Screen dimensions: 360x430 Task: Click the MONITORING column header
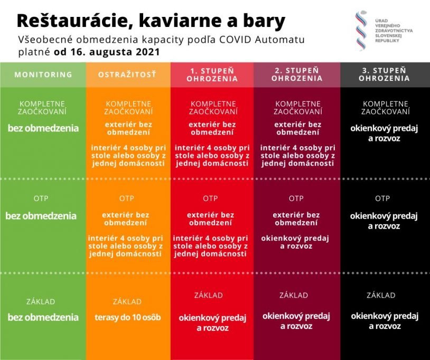[x=43, y=74]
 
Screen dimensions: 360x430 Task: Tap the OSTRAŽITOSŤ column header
[x=127, y=74]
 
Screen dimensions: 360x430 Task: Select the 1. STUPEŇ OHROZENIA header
[x=212, y=74]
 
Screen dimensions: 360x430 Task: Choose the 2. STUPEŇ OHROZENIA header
[x=296, y=74]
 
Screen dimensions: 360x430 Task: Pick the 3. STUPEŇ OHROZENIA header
[x=384, y=74]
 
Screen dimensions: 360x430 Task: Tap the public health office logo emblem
[x=361, y=30]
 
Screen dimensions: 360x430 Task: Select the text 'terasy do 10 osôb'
[x=127, y=318]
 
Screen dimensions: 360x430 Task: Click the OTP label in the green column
[x=41, y=198]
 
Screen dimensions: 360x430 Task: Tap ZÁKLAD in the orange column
[x=127, y=301]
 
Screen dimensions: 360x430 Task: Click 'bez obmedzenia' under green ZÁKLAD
[x=43, y=317]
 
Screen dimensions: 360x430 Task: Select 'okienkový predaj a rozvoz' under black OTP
[x=384, y=221]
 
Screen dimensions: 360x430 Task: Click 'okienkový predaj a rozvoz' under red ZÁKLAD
[x=212, y=323]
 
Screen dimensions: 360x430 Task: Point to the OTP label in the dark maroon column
[x=296, y=198]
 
